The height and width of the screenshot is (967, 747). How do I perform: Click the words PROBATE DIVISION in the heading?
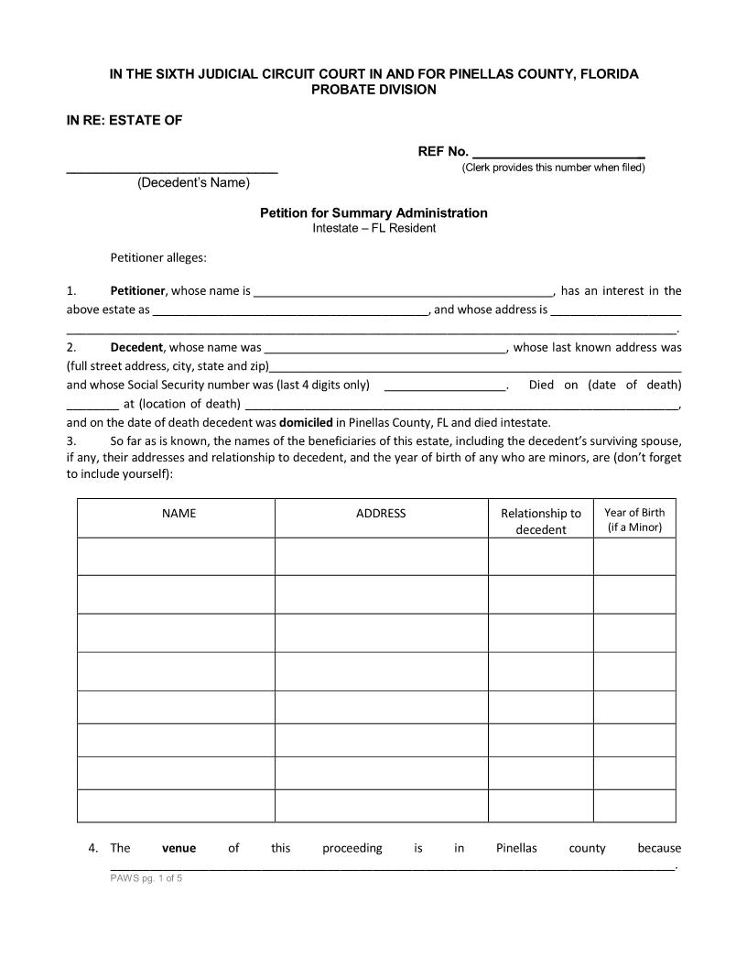click(373, 90)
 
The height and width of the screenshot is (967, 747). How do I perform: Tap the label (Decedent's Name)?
click(193, 183)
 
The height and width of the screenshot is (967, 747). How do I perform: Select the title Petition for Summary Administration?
click(373, 212)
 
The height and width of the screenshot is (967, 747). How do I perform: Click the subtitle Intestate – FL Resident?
click(373, 228)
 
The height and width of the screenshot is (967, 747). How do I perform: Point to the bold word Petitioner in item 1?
click(137, 291)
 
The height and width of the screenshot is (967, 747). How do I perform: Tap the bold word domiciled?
click(306, 423)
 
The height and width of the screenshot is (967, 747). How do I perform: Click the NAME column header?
click(179, 514)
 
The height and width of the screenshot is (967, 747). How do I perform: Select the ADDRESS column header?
click(381, 514)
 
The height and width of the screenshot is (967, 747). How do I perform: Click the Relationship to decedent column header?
click(540, 521)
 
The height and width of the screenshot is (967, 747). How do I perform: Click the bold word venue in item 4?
click(179, 848)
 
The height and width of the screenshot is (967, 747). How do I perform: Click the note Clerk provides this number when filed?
click(553, 168)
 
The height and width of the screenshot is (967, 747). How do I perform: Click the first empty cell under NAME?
click(176, 556)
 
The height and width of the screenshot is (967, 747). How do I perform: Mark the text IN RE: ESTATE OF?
click(124, 121)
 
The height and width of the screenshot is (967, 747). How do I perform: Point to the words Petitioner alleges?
click(158, 257)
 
